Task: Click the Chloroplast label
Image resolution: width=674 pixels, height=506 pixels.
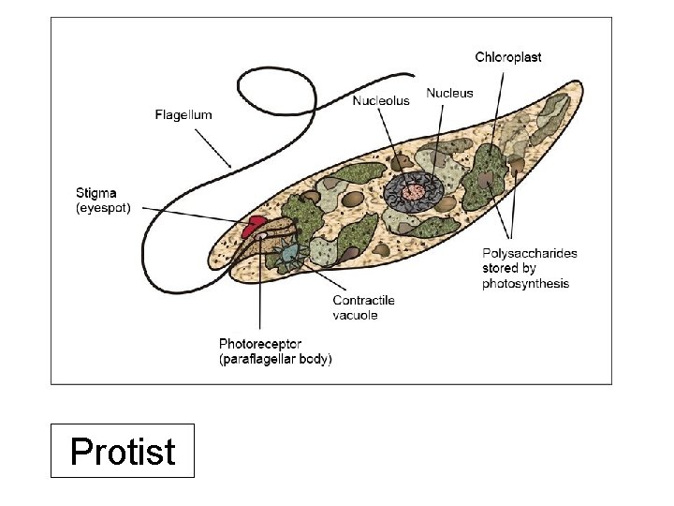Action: point(507,57)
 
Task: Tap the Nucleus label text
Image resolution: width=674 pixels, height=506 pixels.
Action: point(449,93)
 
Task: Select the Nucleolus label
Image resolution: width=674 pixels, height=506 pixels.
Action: point(381,100)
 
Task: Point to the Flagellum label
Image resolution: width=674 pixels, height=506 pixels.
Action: point(183,115)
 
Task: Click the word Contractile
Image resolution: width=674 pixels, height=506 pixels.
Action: point(363,301)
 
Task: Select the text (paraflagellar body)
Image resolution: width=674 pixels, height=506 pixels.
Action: point(275,359)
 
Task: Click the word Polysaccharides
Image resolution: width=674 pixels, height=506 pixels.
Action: point(530,253)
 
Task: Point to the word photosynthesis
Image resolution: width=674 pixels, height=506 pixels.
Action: point(525,283)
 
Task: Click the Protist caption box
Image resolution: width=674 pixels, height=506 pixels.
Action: point(123,451)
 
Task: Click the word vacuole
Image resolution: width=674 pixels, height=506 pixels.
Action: point(355,316)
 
